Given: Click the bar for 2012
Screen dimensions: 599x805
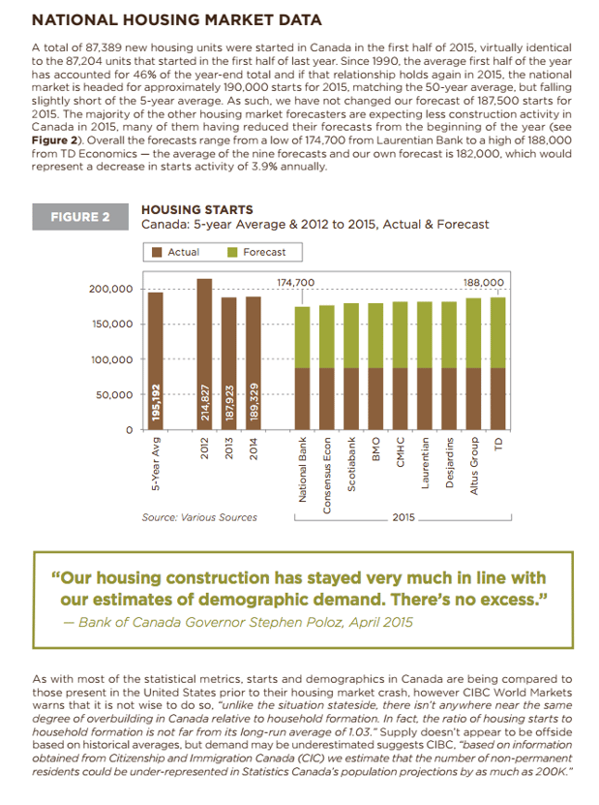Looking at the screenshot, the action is (204, 355).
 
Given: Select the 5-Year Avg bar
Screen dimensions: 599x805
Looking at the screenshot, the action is (156, 361).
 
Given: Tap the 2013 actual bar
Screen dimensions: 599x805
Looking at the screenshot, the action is (228, 364).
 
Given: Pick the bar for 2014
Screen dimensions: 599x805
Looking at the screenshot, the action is (254, 363).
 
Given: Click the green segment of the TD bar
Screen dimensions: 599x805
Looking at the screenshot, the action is (498, 332).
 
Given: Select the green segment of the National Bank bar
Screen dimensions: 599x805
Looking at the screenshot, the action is (302, 337).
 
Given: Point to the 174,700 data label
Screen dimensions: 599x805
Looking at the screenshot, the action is (296, 283).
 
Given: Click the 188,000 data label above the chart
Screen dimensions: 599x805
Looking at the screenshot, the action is (484, 283).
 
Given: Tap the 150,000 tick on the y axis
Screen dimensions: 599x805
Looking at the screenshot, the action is (112, 325).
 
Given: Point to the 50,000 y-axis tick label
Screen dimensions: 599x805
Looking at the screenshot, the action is (114, 395).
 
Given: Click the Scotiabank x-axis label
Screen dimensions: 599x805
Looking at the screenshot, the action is (351, 464).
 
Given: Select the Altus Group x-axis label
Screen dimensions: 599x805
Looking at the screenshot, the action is (474, 466).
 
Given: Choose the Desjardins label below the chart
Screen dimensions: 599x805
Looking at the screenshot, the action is (450, 463).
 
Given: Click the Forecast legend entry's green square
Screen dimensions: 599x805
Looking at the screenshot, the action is (232, 252).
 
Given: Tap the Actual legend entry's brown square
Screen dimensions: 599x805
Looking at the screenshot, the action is (157, 252).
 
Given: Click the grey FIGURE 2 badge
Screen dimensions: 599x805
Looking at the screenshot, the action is (80, 217).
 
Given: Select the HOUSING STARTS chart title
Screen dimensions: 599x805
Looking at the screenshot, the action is (197, 210).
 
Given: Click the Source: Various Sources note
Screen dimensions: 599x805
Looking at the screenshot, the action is (199, 517).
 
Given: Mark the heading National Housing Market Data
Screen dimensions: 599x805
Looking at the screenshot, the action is (177, 20).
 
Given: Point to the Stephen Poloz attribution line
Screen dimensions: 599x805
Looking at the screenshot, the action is (238, 623).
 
